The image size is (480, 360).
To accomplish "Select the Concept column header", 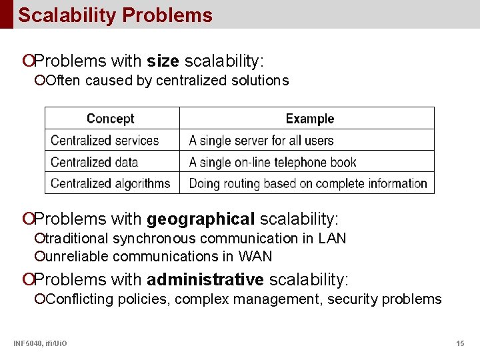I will point(111,119).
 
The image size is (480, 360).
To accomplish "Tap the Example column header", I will point(309,119).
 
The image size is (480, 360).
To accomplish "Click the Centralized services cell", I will point(105,141).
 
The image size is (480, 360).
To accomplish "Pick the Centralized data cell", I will point(94,162).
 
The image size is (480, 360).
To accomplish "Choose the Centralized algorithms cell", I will point(111,183).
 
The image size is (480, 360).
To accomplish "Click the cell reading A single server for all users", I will point(261,141).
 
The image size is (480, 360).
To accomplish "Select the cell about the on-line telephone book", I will point(273,162).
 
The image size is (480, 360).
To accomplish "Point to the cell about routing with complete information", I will point(308,183).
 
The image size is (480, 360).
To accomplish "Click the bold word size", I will point(163,61).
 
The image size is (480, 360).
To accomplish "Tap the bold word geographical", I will point(201,219).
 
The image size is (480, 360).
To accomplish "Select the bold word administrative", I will point(205,279).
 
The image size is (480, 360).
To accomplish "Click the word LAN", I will point(332,238).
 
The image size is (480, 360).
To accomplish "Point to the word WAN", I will point(256,256).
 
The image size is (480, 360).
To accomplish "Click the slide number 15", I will point(460,343).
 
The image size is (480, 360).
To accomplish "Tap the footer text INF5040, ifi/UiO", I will point(40,343).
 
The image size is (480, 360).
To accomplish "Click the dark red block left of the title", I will point(6,14).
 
